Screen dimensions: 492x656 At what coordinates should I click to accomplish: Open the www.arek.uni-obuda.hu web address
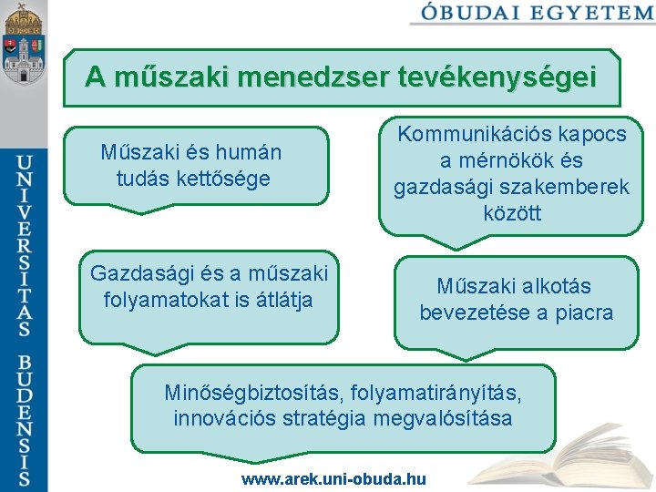click(333, 478)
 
